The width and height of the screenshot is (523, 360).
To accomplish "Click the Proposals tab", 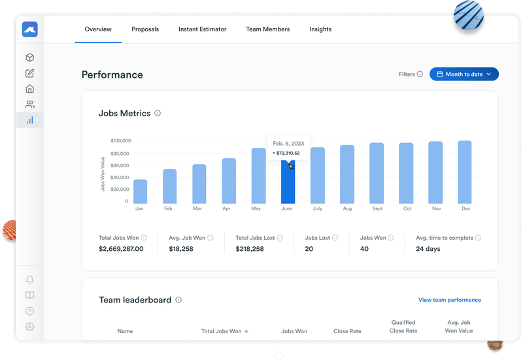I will [x=145, y=29].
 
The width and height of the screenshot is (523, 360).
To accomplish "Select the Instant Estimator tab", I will [x=203, y=29].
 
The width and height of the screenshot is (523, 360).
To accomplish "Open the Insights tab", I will [x=320, y=29].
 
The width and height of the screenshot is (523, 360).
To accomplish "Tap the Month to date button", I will [x=464, y=74].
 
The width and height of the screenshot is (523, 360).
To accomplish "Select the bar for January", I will [x=140, y=191].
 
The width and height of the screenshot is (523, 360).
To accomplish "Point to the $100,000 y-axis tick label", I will [x=120, y=140].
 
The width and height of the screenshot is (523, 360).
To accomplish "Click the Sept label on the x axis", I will [x=377, y=209].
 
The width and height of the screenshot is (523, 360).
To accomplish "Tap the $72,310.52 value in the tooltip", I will [x=288, y=153].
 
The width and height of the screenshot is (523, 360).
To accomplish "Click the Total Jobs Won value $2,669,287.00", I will [x=121, y=249].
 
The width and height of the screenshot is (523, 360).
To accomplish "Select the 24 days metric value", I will [x=428, y=249].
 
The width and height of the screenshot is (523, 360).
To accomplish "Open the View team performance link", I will [x=450, y=300].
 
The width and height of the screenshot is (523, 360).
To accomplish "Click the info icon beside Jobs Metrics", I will [x=158, y=113].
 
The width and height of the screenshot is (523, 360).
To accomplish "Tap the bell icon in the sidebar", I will [x=29, y=280].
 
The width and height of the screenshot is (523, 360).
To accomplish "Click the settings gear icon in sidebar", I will [x=29, y=327].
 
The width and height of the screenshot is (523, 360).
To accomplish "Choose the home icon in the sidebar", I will [x=29, y=89].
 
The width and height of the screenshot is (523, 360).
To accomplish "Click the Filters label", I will [x=407, y=74].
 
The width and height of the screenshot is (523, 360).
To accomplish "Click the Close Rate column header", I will [x=347, y=331].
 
